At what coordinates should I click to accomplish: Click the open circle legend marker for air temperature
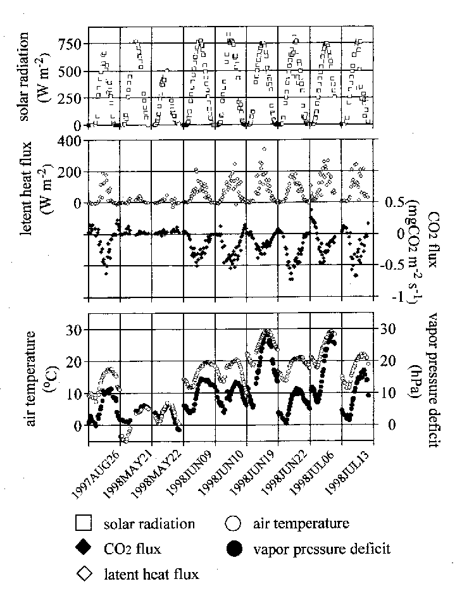(234, 523)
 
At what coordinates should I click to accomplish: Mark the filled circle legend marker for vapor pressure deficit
(234, 549)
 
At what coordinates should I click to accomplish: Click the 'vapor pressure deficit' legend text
(322, 549)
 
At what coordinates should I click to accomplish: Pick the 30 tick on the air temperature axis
(75, 329)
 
